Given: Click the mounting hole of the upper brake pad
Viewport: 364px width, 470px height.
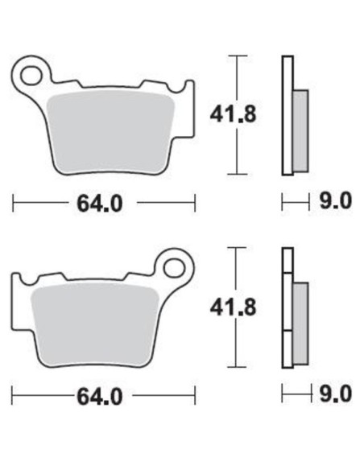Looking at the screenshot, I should [32, 75].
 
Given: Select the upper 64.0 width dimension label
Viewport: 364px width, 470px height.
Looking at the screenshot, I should [100, 204].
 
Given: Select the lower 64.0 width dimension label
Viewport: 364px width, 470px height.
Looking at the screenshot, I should [100, 396].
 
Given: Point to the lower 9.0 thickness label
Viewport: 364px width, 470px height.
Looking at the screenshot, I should [336, 394].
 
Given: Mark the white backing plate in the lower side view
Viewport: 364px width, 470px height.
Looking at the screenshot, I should [287, 307].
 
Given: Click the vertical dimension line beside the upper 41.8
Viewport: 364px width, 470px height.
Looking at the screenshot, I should [234, 80].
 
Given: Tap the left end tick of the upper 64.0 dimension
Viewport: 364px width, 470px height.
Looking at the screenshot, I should [14, 204].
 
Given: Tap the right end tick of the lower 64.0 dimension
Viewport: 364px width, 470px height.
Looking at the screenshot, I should [195, 396].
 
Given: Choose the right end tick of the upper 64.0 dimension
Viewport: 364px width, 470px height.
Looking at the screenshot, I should [194, 204].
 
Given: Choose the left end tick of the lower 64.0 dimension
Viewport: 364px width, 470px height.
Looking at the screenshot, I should [14, 396].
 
